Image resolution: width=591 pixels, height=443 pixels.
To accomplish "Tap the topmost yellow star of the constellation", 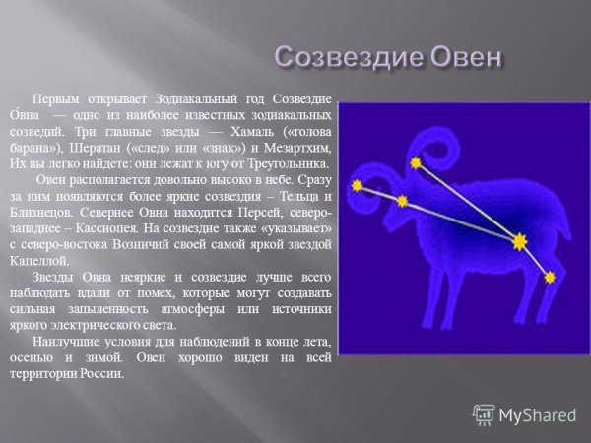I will [x=417, y=161].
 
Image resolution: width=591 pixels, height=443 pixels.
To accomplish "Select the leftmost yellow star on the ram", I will [x=358, y=185].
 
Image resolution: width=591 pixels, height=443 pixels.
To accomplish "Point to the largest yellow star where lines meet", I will [x=519, y=240].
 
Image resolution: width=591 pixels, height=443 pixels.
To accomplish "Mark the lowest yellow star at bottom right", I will [x=550, y=278].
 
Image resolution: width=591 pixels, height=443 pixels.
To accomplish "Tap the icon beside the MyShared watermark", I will [x=484, y=414].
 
